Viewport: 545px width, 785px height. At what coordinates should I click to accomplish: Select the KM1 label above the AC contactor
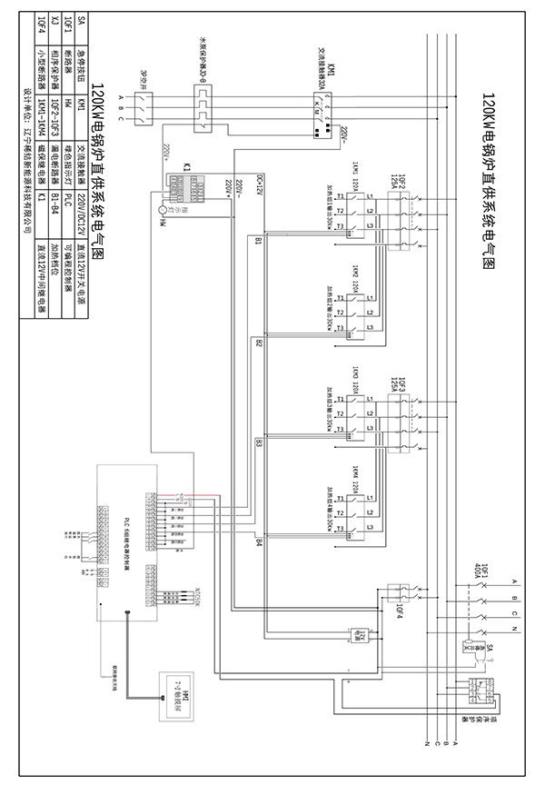click(x=332, y=72)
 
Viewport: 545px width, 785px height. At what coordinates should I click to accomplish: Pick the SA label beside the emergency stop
click(x=492, y=647)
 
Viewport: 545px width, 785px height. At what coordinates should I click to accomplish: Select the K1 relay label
click(x=185, y=167)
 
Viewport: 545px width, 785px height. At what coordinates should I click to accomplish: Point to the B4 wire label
click(x=259, y=542)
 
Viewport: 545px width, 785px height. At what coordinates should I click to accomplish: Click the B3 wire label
click(x=259, y=443)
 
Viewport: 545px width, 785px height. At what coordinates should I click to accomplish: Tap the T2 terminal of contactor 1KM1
click(x=339, y=212)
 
